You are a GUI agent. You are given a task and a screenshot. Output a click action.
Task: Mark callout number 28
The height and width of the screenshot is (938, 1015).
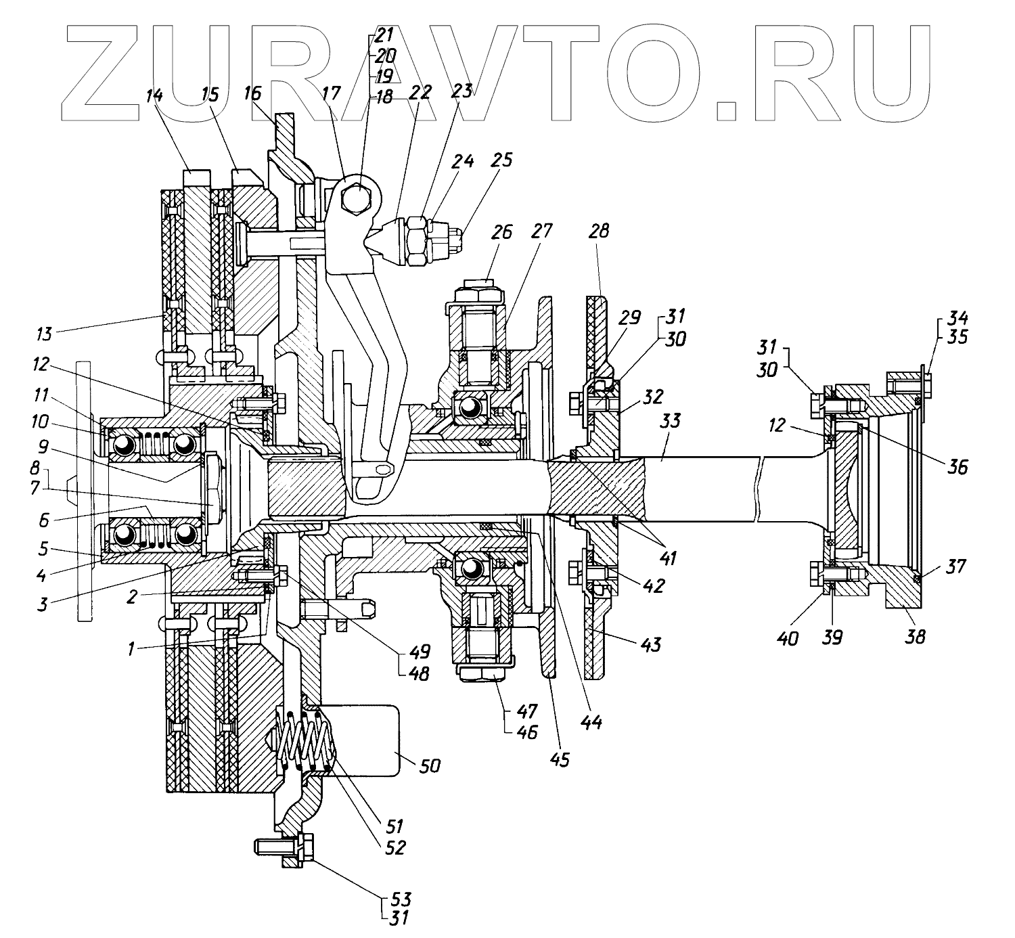[599, 232]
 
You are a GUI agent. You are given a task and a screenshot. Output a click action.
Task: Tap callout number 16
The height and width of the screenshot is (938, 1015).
[252, 93]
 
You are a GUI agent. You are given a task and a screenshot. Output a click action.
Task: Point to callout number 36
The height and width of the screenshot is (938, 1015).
[957, 466]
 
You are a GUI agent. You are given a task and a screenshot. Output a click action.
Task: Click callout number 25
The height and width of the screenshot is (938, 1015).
[503, 160]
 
